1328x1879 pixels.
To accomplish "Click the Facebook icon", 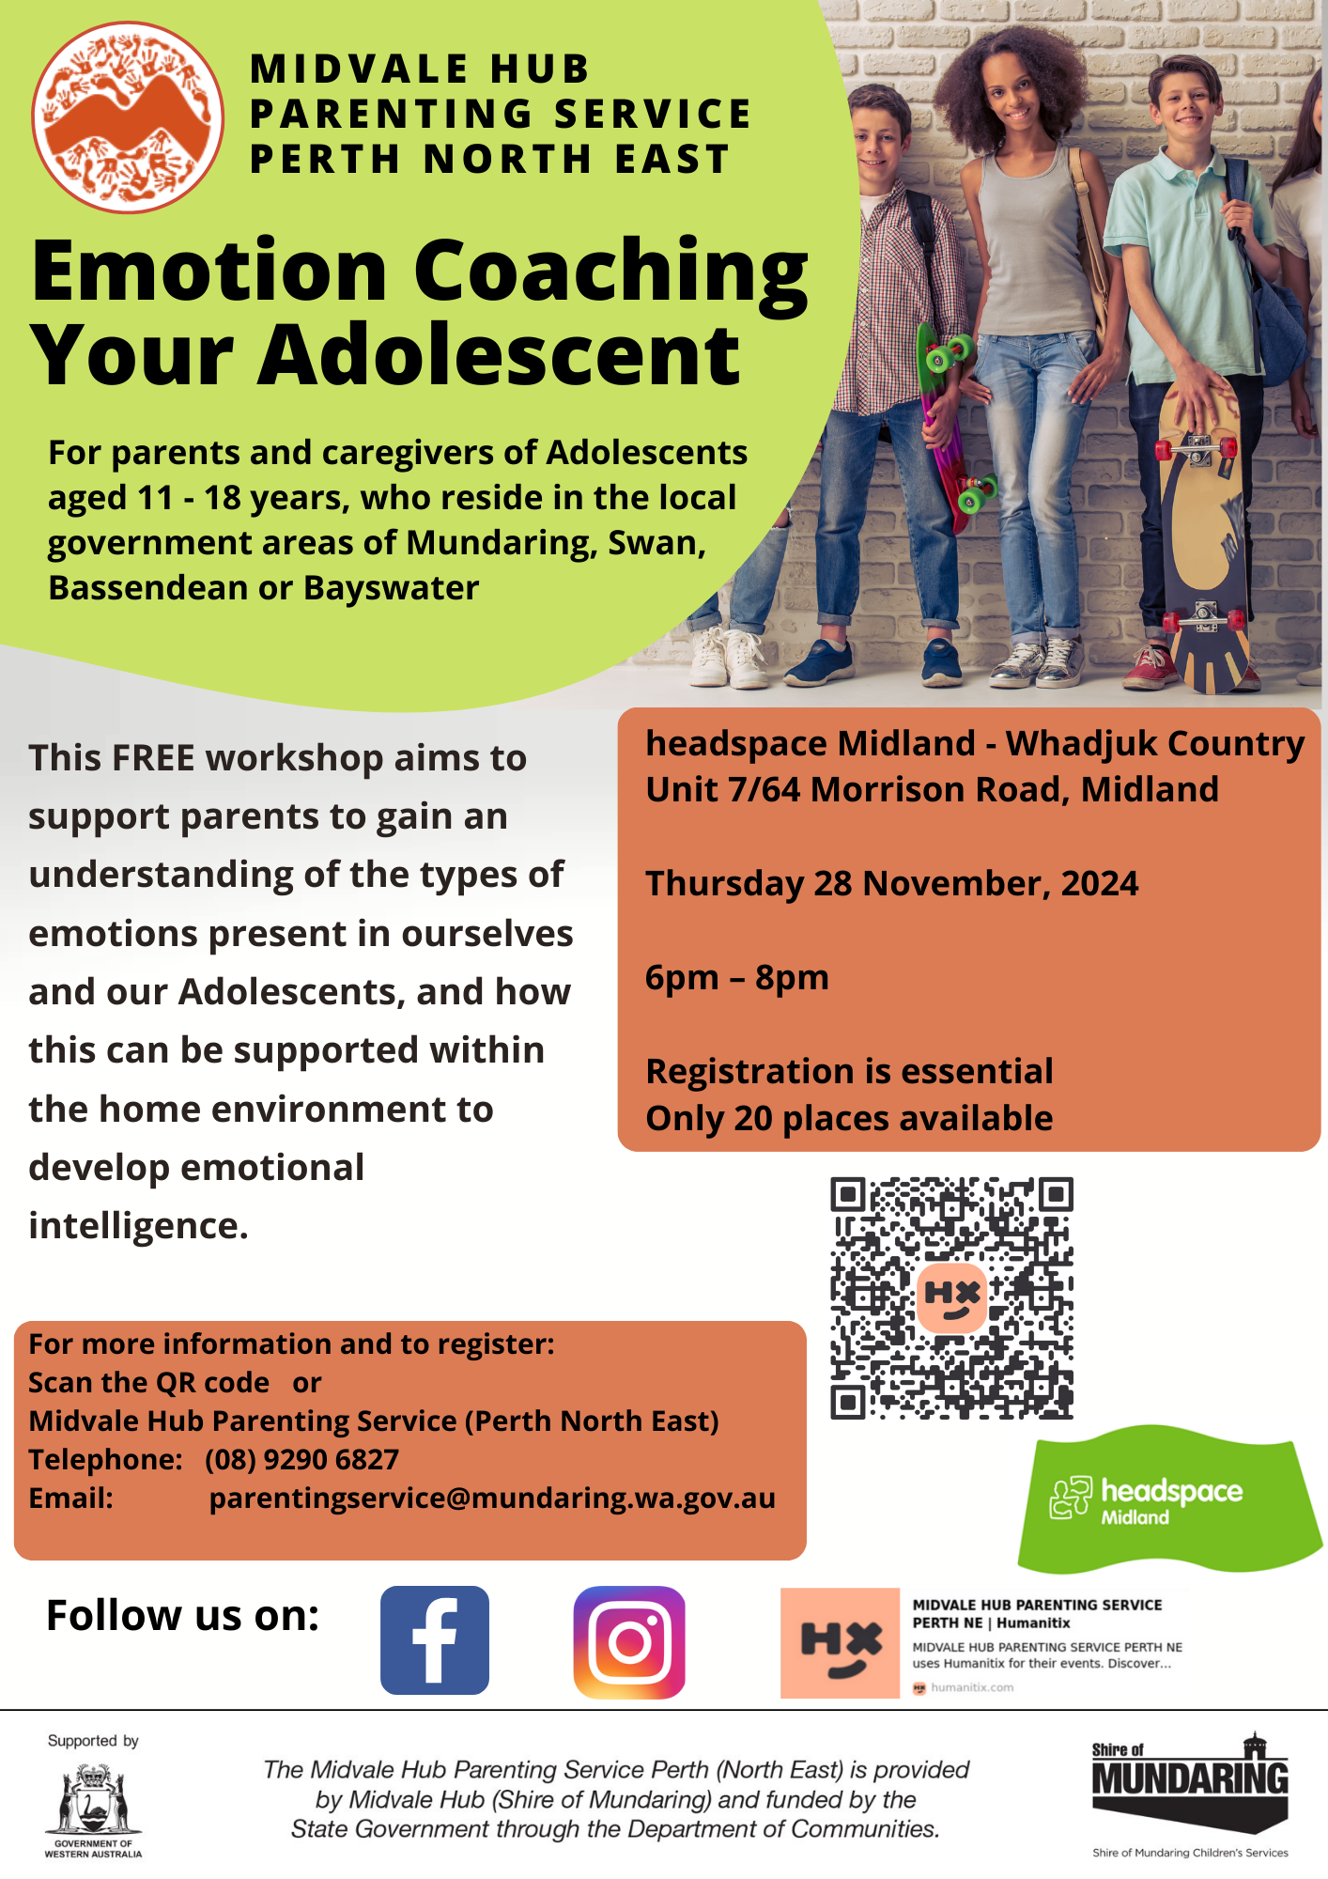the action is coord(435,1640).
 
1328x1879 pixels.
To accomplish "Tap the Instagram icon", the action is coord(629,1642).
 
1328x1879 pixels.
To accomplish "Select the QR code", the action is coord(951,1297).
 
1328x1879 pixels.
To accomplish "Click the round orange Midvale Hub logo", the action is coord(128,117).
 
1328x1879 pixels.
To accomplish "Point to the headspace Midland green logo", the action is coord(1169,1500).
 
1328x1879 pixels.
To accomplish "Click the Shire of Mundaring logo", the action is coord(1190,1793).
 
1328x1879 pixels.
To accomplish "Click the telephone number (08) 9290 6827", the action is coord(302,1459).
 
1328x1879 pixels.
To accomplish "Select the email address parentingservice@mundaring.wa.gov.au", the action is coord(492,1498).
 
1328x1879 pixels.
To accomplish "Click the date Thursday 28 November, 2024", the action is coord(891,883).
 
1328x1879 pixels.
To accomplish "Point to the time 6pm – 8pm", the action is coord(737,977).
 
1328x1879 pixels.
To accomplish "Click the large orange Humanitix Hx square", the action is coord(840,1643).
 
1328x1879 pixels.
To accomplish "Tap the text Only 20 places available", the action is coord(849,1118).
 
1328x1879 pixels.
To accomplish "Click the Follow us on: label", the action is coord(183,1616).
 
